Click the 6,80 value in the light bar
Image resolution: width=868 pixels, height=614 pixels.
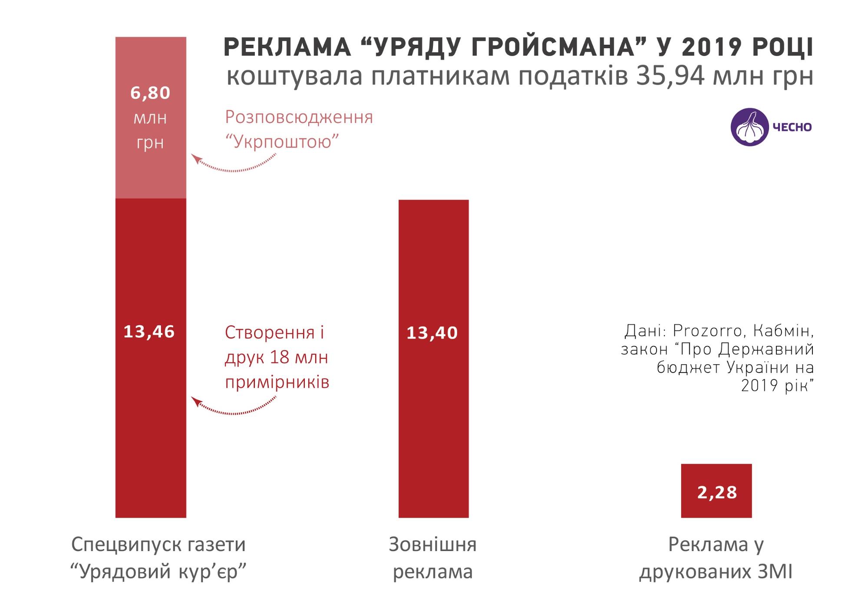[x=150, y=93]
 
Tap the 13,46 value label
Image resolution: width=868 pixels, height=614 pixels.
[x=149, y=332]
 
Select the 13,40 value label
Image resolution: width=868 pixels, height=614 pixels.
[x=432, y=333]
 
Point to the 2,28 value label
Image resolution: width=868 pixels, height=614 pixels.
[x=717, y=492]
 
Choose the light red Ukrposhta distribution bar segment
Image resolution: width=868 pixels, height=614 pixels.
[x=151, y=174]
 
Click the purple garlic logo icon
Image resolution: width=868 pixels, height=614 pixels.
[x=750, y=126]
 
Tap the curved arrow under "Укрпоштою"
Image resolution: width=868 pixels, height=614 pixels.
[x=234, y=165]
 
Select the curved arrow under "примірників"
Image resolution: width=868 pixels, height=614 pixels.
[x=234, y=407]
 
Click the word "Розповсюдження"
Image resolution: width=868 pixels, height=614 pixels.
[x=299, y=117]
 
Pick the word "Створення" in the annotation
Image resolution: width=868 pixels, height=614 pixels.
[x=269, y=333]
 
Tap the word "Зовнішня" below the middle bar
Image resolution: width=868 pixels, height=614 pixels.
[x=432, y=545]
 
